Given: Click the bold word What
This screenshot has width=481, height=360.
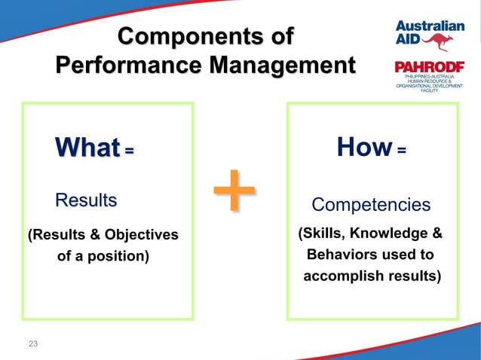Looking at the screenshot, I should tap(87, 148).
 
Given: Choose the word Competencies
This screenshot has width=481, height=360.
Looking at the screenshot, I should tap(371, 205).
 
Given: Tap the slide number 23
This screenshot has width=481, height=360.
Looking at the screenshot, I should tap(32, 344).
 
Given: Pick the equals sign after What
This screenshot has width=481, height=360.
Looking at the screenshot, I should tap(129, 151).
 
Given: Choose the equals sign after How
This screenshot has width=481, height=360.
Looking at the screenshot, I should tap(401, 151).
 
